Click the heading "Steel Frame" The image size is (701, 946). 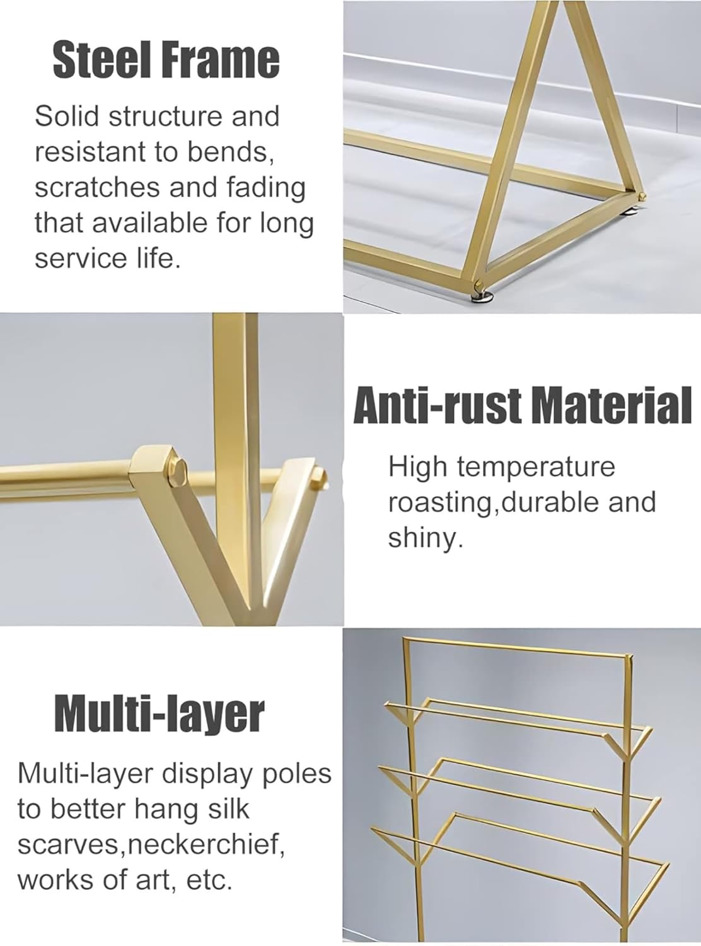[x=165, y=60]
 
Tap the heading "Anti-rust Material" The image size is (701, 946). [x=523, y=406]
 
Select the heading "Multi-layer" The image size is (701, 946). [x=159, y=714]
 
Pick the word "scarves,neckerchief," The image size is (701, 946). [x=148, y=844]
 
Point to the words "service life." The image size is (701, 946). [x=107, y=258]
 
